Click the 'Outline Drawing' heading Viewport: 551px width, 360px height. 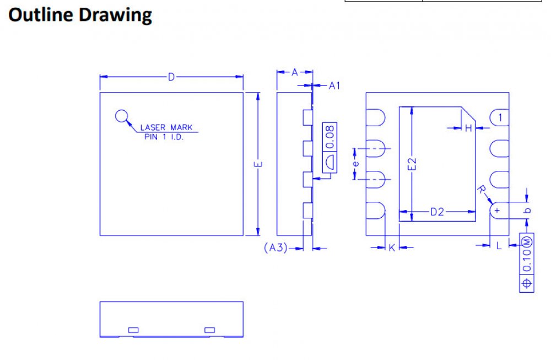(80, 15)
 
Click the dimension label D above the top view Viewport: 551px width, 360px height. (171, 77)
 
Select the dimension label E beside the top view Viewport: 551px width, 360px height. (258, 164)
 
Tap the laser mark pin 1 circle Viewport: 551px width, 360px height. (122, 116)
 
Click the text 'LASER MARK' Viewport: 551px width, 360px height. (166, 127)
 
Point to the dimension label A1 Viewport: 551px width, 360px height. (334, 86)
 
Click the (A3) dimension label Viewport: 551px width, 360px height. (276, 248)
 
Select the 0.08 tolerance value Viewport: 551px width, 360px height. (330, 137)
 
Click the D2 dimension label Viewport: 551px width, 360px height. (437, 212)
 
